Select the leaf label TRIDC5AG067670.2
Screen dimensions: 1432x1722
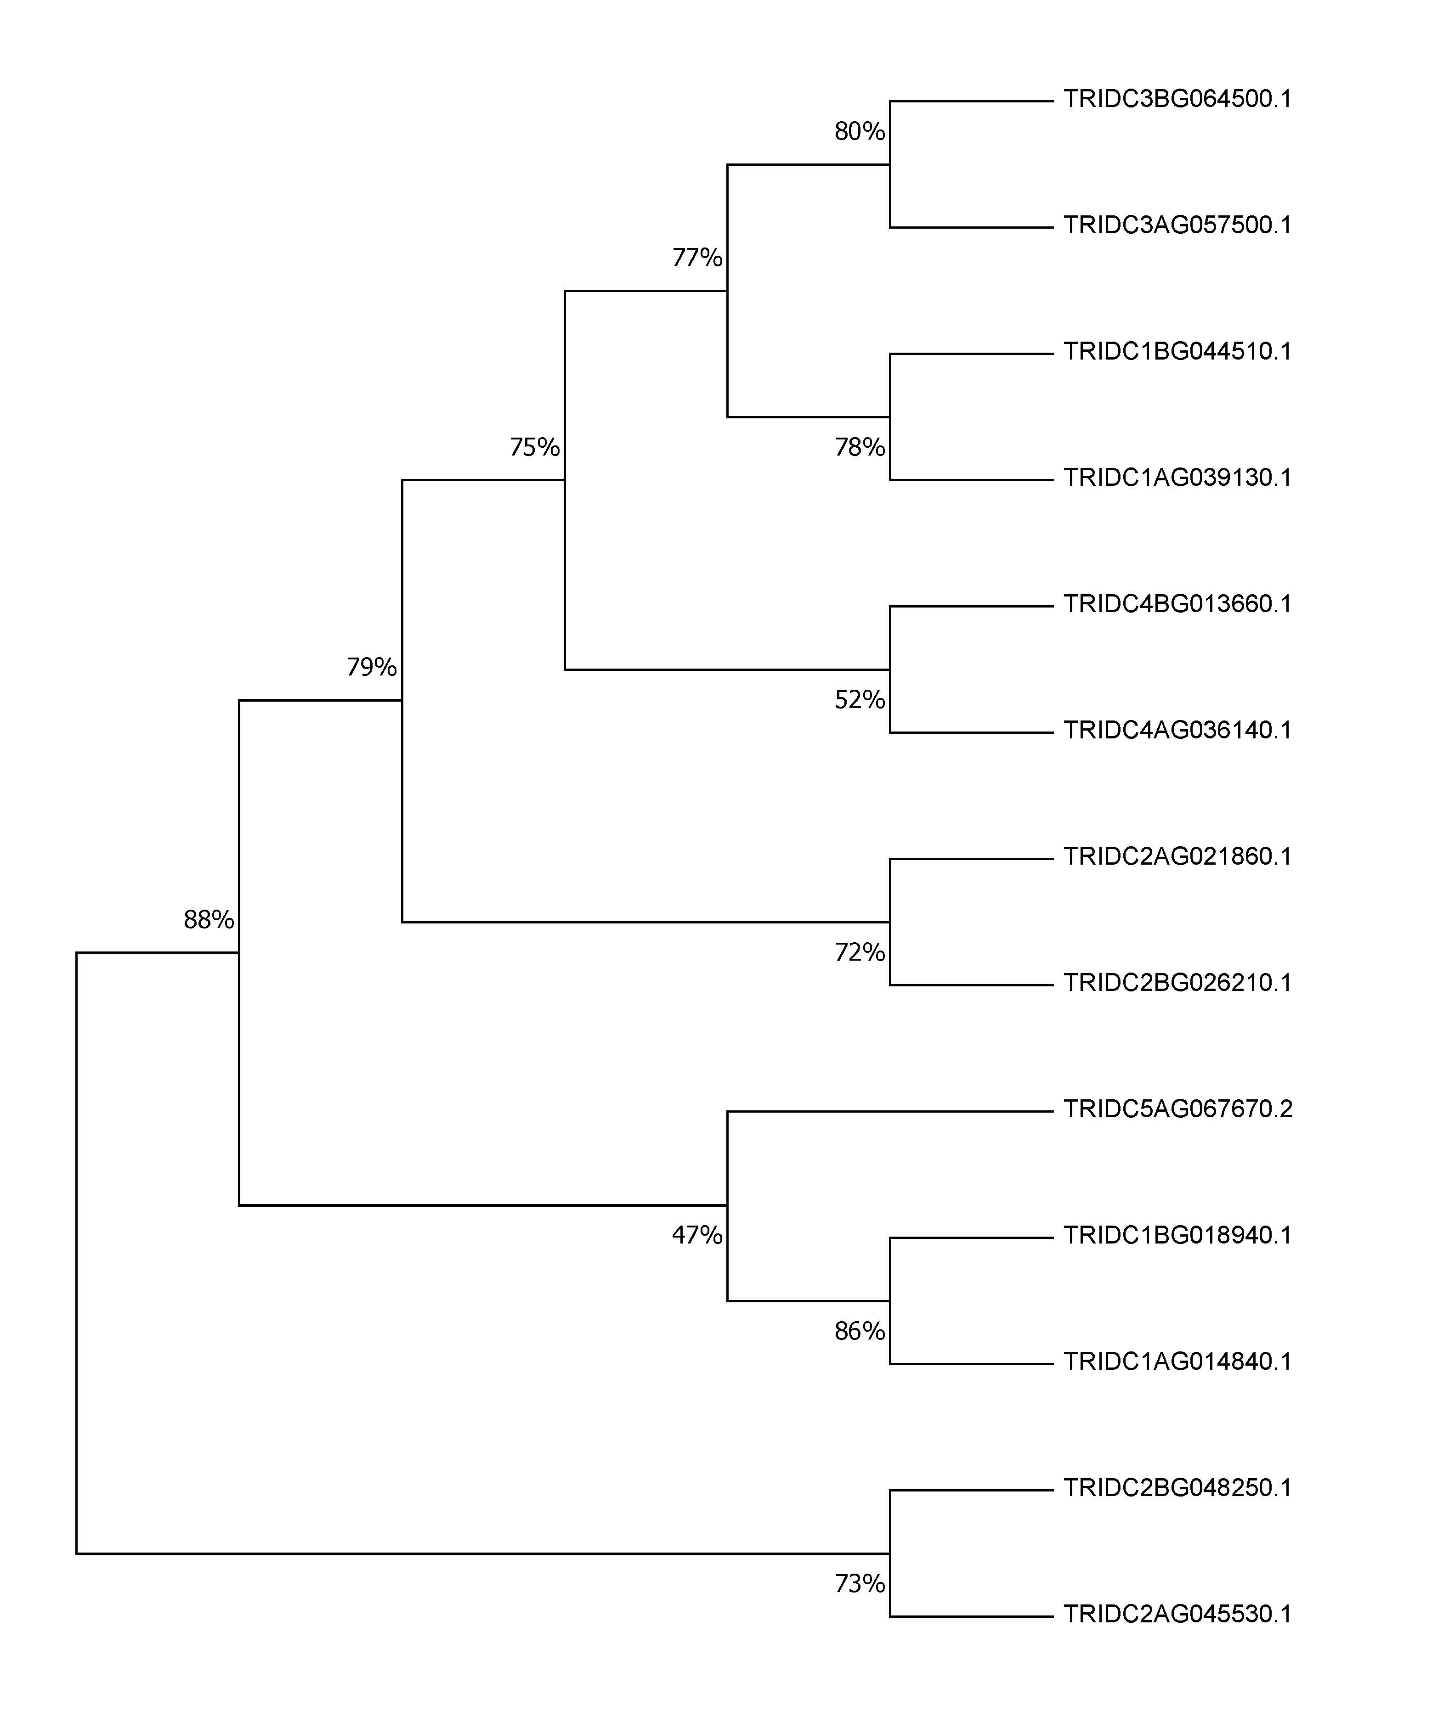tap(1178, 1109)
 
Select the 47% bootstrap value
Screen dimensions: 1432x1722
tap(697, 1235)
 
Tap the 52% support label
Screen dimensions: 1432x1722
tap(860, 699)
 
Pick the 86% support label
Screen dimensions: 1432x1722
tap(860, 1331)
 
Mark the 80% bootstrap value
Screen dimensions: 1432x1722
tap(860, 131)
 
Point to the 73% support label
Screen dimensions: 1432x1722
tap(860, 1583)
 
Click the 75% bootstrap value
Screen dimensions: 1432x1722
tap(535, 447)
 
